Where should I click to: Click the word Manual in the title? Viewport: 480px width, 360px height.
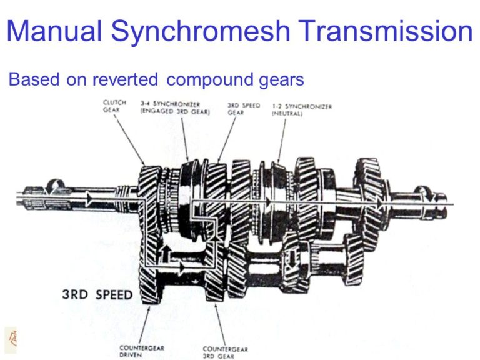coord(54,31)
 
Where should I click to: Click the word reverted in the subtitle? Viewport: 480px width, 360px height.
coord(125,79)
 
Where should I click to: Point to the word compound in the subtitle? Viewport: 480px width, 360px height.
coord(210,80)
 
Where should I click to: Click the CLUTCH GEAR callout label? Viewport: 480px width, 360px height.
coord(114,106)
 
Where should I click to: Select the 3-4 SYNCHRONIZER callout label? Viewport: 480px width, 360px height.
coord(175,108)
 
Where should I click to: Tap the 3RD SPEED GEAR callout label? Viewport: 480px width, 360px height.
coord(243,109)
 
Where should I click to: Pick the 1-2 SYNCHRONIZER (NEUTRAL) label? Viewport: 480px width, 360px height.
coord(302,110)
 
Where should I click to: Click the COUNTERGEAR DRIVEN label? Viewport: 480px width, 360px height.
coord(142,351)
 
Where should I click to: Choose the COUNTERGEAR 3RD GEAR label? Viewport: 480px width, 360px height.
coord(225,352)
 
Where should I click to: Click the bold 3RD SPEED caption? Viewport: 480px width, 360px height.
coord(97,294)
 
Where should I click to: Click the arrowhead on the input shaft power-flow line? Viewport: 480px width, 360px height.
coord(89,199)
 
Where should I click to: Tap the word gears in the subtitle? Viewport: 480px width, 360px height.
coord(282,81)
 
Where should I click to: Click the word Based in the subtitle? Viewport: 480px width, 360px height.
coord(34,79)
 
